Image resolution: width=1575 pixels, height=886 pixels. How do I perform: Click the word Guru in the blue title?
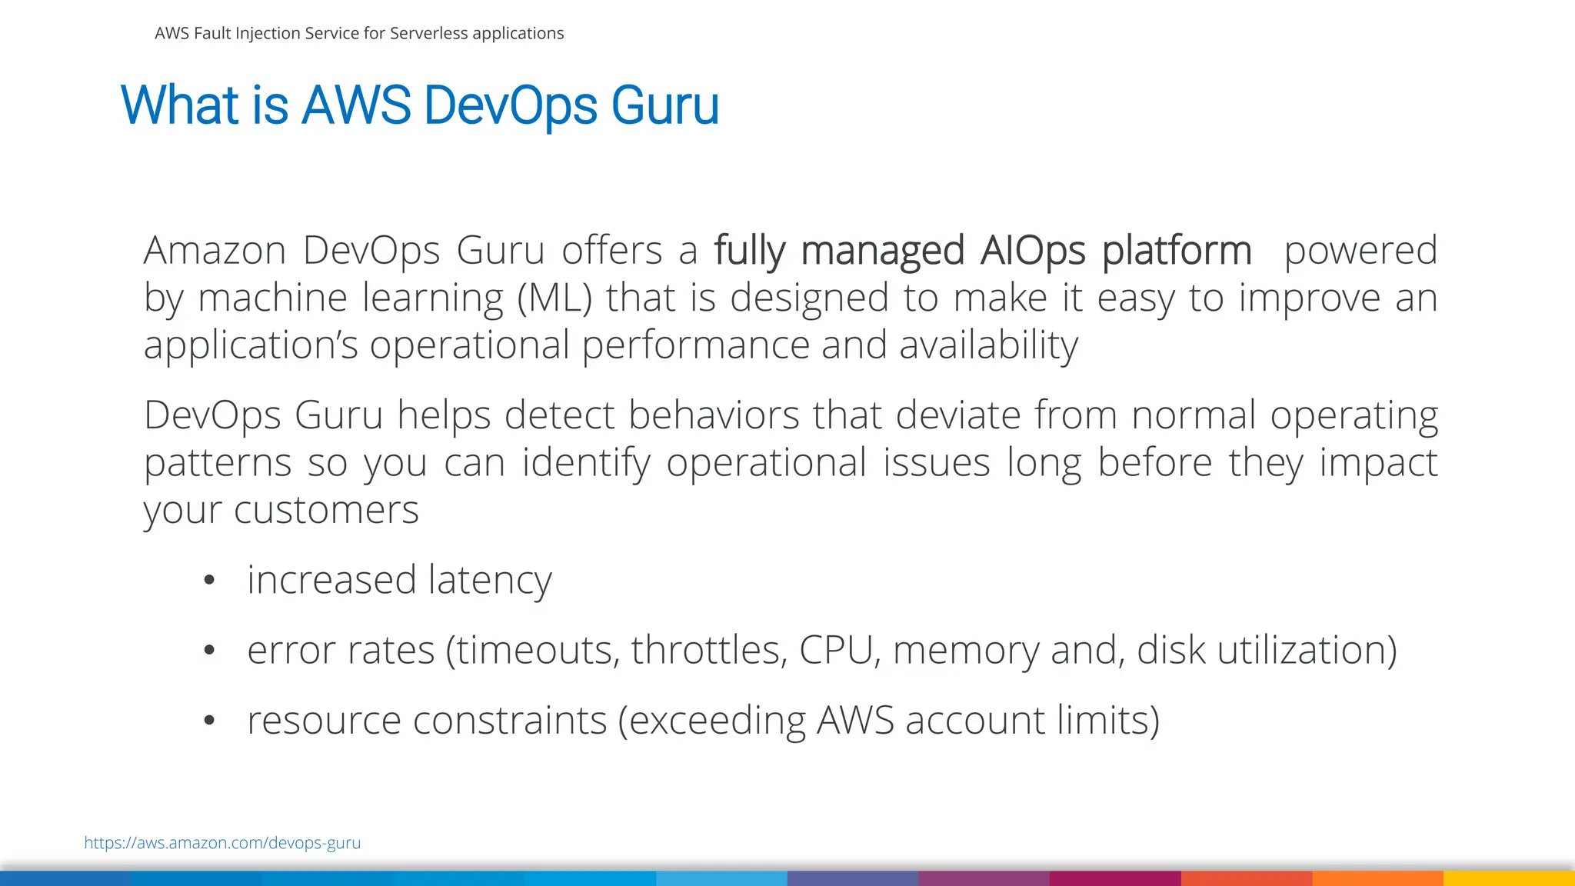(x=664, y=105)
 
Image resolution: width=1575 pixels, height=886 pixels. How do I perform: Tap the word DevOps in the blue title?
(x=510, y=105)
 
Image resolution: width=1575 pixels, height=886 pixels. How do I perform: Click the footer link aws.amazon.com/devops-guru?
(x=222, y=842)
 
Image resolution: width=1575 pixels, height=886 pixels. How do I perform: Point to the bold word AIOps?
(x=1032, y=251)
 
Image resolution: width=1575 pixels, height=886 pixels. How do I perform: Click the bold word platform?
(x=1177, y=251)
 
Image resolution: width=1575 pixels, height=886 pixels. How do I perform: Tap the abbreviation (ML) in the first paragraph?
(x=554, y=298)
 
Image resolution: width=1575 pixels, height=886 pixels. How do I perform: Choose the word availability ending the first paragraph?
(x=988, y=345)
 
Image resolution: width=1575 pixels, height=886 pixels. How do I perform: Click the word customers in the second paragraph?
(x=326, y=510)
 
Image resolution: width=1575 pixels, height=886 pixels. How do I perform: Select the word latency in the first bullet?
(x=490, y=580)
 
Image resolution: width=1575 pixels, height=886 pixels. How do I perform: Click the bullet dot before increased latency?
(x=209, y=580)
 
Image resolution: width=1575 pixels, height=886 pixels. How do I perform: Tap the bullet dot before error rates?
(x=209, y=651)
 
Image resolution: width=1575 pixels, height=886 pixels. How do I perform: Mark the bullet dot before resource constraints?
(x=209, y=721)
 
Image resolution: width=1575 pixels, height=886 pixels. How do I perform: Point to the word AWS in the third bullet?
(x=855, y=721)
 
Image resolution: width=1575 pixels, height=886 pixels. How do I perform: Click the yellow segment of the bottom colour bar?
(x=1509, y=878)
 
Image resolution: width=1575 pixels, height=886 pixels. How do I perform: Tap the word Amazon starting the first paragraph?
(x=215, y=251)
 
